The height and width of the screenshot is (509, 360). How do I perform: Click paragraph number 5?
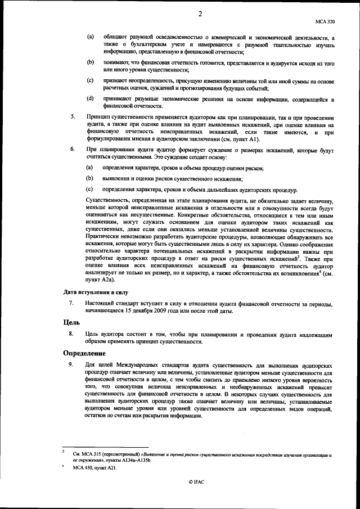coord(71,116)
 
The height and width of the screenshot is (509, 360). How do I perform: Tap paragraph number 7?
coord(71,303)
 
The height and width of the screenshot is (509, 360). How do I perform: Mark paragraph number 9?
coord(71,365)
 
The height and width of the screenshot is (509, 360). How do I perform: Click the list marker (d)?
coord(89,99)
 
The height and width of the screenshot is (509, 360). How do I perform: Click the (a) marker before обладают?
coord(89,37)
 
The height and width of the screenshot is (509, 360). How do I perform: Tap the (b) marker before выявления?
coord(89,178)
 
